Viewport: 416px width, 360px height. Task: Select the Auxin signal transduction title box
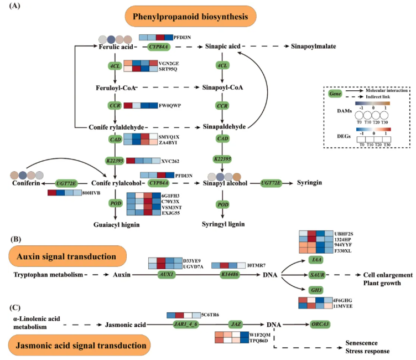coord(65,257)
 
